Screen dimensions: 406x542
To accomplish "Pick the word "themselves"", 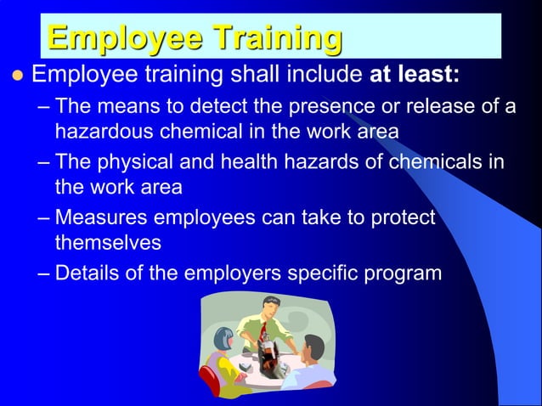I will [x=108, y=242].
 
